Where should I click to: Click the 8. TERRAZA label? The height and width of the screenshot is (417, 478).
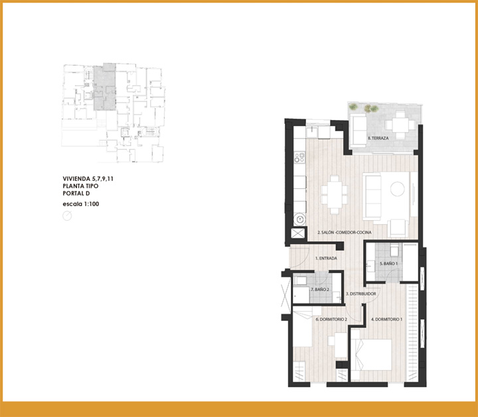pyautogui.click(x=378, y=138)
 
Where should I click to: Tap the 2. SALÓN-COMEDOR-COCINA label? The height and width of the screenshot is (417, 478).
pyautogui.click(x=345, y=232)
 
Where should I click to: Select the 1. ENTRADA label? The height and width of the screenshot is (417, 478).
pyautogui.click(x=326, y=258)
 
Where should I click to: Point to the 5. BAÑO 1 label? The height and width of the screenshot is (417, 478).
pyautogui.click(x=388, y=264)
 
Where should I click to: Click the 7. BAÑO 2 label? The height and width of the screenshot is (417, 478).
pyautogui.click(x=320, y=290)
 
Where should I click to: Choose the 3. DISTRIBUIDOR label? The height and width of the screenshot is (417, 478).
pyautogui.click(x=361, y=294)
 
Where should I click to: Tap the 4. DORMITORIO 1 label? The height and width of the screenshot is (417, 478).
pyautogui.click(x=386, y=320)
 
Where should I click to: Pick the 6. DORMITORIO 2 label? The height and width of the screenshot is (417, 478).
pyautogui.click(x=331, y=320)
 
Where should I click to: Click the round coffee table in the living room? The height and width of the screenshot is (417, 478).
pyautogui.click(x=398, y=189)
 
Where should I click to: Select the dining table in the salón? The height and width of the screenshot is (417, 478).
pyautogui.click(x=335, y=195)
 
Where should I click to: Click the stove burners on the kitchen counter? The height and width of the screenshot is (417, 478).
pyautogui.click(x=299, y=157)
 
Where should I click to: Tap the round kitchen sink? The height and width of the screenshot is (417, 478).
pyautogui.click(x=299, y=219)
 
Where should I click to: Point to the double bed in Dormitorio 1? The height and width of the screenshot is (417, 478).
pyautogui.click(x=371, y=355)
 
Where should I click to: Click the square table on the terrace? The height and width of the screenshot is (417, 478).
pyautogui.click(x=400, y=125)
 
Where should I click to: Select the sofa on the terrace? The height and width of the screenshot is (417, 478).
pyautogui.click(x=358, y=131)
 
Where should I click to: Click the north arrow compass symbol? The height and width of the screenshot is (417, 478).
pyautogui.click(x=67, y=216)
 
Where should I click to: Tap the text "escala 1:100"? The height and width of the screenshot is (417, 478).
pyautogui.click(x=81, y=204)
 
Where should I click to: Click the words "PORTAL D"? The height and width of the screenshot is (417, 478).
pyautogui.click(x=76, y=194)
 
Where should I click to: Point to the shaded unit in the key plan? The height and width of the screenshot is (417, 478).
pyautogui.click(x=105, y=87)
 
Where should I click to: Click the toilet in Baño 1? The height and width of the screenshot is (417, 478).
pyautogui.click(x=394, y=250)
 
